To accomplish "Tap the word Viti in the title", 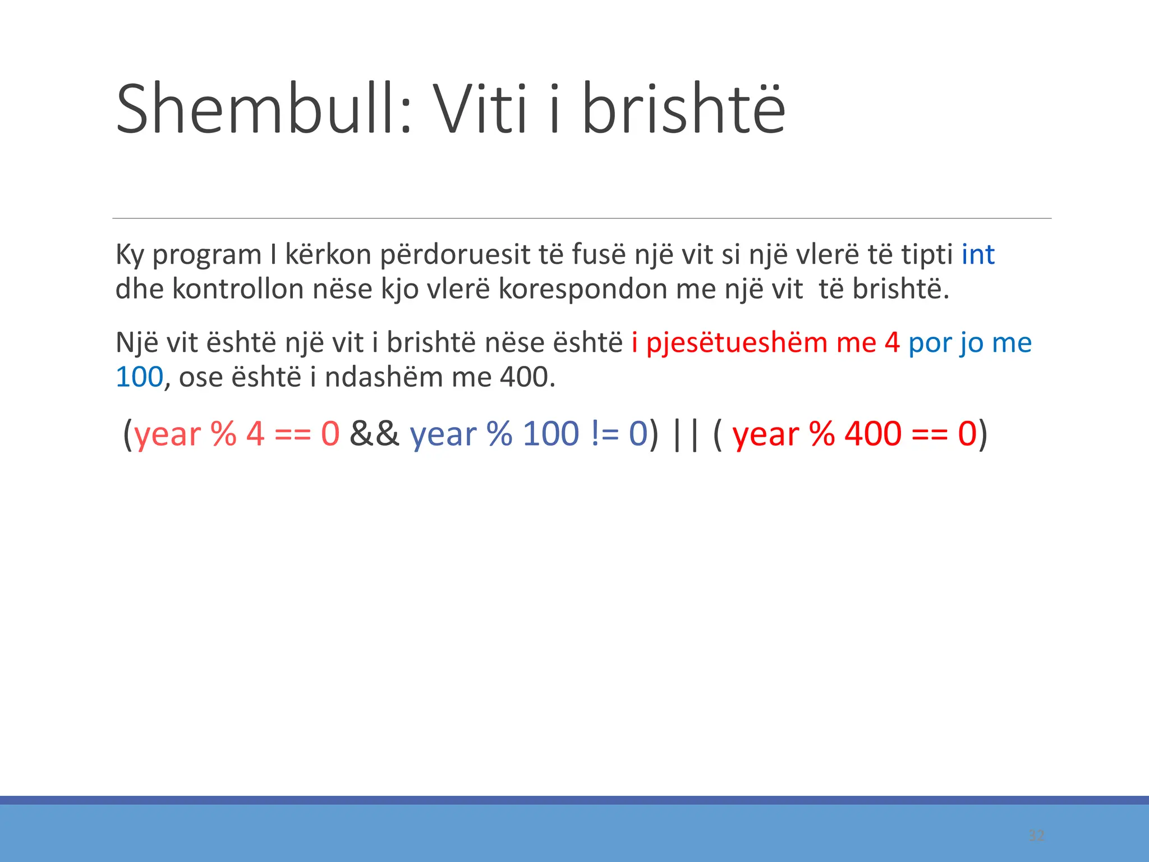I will coord(481,109).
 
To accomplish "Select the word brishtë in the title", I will coord(683,109).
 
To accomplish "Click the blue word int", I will coord(978,255).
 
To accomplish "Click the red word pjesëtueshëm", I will coord(737,343).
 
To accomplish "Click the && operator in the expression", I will coord(374,434).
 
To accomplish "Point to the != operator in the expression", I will coord(603,434).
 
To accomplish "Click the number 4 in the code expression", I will coord(255,434).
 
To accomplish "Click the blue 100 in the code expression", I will coord(550,434).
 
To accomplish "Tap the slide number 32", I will coord(1036,836).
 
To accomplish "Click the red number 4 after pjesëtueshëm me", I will coord(892,343).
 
